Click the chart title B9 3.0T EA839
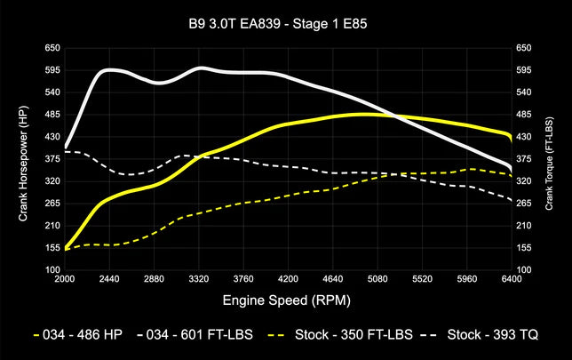[x=287, y=24]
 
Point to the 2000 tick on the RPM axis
[x=65, y=278]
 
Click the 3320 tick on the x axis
[x=200, y=278]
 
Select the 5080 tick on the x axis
[x=379, y=278]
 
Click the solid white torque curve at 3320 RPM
[x=200, y=68]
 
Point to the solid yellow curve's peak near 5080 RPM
[x=369, y=114]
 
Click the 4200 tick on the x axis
[x=290, y=278]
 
